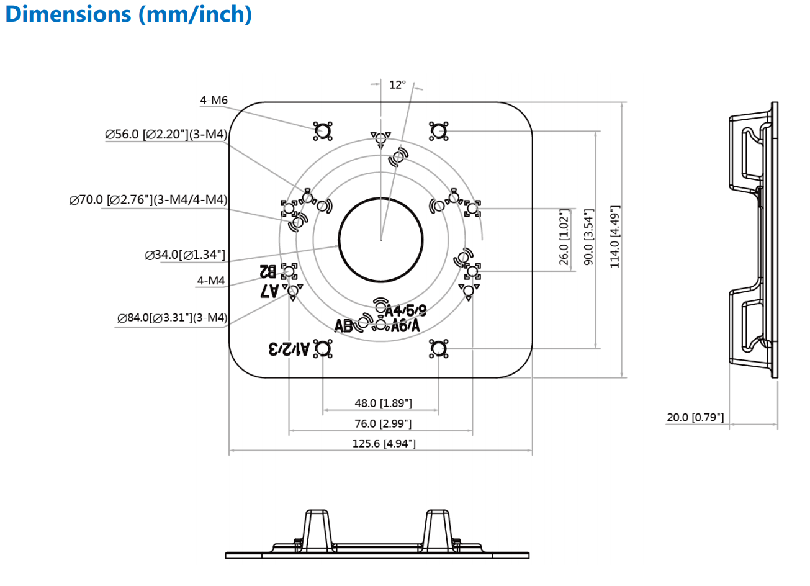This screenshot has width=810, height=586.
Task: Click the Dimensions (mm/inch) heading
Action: [128, 14]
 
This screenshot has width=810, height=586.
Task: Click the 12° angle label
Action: [397, 85]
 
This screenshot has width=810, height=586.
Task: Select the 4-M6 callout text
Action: [214, 100]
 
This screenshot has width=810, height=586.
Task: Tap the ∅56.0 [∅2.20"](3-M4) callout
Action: [166, 134]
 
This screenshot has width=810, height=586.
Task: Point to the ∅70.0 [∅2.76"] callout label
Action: [148, 200]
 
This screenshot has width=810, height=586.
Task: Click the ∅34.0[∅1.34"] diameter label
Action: [185, 255]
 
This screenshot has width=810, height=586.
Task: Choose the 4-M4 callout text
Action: [211, 281]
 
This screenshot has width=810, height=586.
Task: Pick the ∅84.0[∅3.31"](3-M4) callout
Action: [172, 318]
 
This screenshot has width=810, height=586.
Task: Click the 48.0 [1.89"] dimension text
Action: [383, 403]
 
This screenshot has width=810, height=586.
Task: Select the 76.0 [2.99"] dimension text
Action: [383, 423]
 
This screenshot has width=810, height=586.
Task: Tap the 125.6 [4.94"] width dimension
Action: [384, 443]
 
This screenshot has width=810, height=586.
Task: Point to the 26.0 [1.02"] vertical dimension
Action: [564, 237]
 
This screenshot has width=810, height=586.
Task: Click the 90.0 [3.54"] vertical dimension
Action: [589, 237]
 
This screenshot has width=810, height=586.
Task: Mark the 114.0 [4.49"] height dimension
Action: [615, 237]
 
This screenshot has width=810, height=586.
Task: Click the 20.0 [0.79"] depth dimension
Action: [695, 417]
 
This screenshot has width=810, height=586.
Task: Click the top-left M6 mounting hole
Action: [323, 131]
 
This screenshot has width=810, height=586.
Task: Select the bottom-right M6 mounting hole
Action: [438, 348]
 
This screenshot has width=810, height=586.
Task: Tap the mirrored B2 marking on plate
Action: [268, 271]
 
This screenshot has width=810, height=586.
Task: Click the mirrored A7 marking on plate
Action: [269, 291]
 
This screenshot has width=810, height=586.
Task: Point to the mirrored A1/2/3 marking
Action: [289, 349]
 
